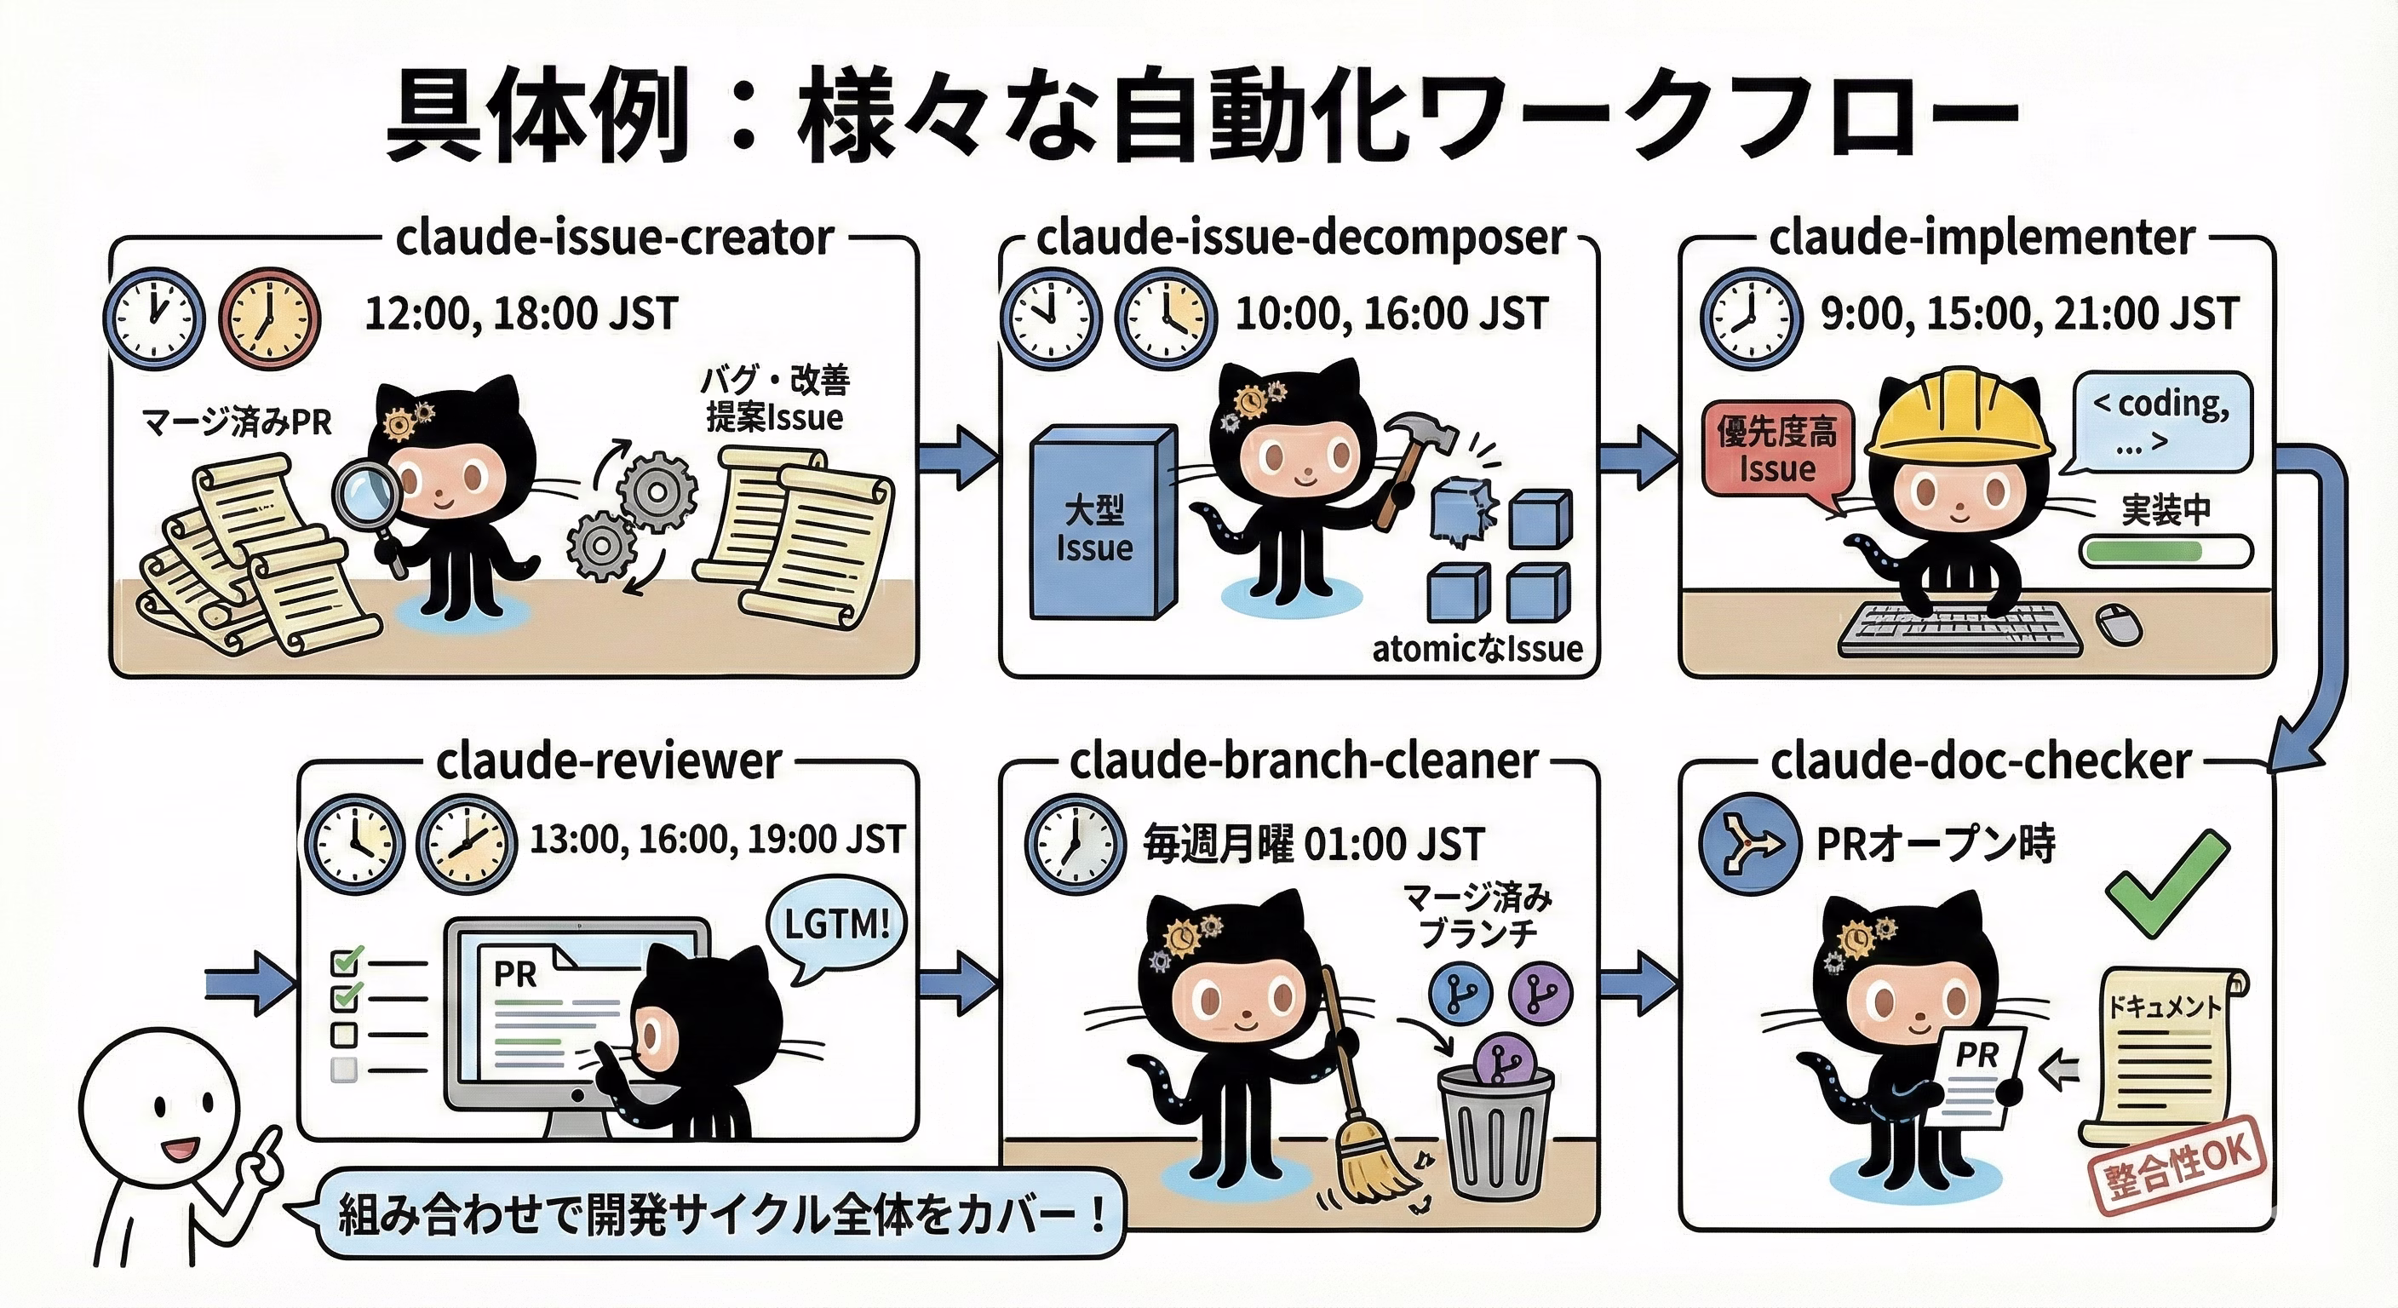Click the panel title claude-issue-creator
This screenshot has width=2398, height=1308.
point(614,238)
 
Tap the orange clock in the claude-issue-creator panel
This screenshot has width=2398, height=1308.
point(269,318)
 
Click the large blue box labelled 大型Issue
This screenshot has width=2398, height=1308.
point(1104,522)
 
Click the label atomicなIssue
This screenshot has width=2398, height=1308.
point(1477,648)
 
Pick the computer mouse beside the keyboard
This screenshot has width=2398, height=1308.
point(2118,623)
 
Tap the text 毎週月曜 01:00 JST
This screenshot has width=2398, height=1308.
point(1312,845)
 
